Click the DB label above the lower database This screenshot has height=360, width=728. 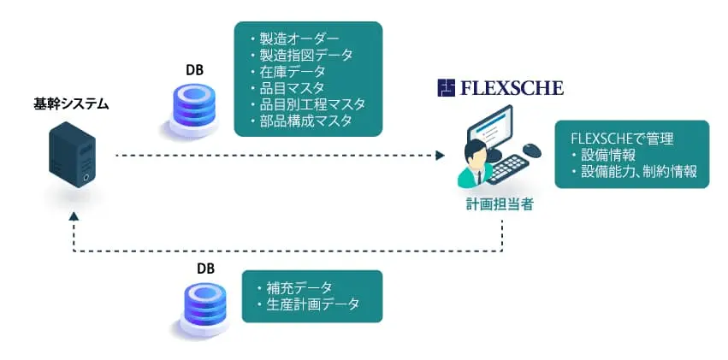(x=206, y=269)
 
